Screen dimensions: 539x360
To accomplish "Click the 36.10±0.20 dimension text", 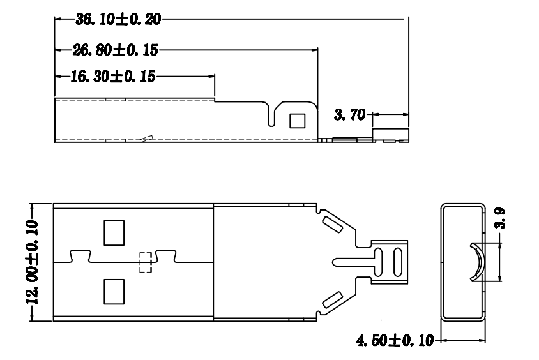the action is (118, 19).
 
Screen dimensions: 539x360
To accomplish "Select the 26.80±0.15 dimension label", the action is (115, 50).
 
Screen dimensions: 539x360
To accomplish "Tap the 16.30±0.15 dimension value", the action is (113, 76).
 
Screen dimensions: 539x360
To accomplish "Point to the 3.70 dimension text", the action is (349, 114).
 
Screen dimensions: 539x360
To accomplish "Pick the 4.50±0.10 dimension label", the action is (395, 340).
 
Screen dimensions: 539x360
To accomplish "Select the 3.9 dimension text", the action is (500, 218).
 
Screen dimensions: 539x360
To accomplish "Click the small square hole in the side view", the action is (298, 121).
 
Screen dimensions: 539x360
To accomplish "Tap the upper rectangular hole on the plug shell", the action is (114, 233).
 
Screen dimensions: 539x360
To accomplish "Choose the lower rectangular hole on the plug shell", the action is (114, 292).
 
